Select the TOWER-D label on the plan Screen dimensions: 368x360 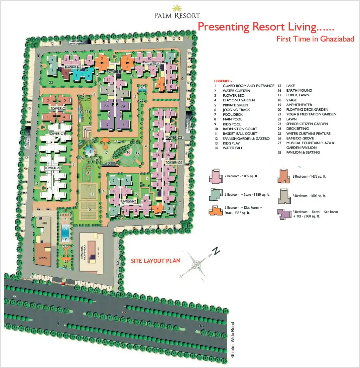(72, 67)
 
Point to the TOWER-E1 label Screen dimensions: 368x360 (114, 72)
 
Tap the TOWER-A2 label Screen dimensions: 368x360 (127, 201)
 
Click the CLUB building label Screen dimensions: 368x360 (44, 222)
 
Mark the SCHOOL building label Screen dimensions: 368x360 (42, 258)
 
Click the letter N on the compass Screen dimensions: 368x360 (217, 250)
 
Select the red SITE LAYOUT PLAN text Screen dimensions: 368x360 (155, 261)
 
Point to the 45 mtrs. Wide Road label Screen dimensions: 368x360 (233, 340)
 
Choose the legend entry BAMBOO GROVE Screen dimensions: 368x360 (300, 138)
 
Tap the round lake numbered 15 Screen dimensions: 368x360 (90, 151)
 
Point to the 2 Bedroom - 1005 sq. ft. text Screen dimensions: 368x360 (241, 176)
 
